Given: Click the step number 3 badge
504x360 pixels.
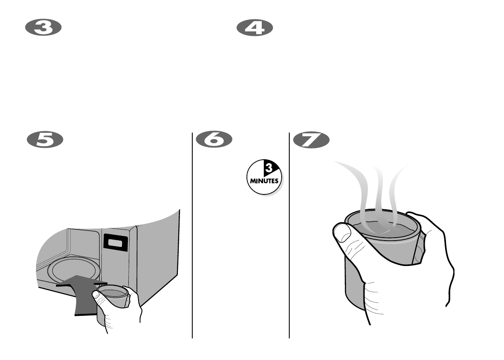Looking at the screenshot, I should point(44,28).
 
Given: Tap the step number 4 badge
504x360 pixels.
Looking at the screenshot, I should point(255,28).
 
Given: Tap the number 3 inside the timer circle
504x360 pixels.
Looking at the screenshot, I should point(268,169).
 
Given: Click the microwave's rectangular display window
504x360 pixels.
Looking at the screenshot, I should point(116,243).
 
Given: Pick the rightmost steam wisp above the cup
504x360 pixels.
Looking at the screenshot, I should point(396,191).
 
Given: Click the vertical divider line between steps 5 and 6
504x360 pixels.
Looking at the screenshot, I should point(193,237).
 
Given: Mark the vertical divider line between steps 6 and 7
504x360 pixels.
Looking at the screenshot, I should point(289,237).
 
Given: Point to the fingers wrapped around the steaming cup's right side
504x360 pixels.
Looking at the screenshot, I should point(424,246).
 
